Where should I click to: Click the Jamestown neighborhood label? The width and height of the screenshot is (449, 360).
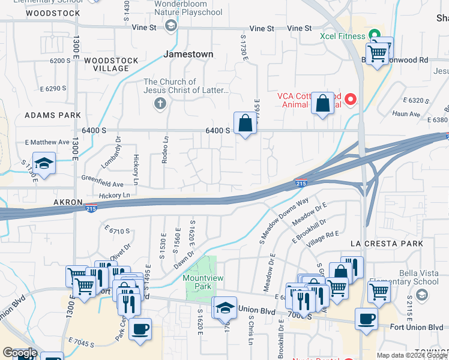click(188, 54)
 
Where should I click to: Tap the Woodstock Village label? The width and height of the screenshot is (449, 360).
click(111, 64)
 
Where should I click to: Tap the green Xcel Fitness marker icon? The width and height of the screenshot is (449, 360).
click(375, 35)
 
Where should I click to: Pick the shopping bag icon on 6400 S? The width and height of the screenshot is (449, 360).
click(244, 124)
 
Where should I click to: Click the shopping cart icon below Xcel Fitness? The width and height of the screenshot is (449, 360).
click(377, 53)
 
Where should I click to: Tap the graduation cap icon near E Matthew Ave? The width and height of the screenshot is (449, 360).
click(43, 163)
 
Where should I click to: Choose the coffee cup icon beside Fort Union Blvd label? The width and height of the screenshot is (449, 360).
click(366, 319)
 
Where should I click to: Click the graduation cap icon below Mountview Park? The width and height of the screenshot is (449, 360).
click(224, 308)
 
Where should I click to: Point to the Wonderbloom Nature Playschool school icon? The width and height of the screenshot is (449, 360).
click(171, 25)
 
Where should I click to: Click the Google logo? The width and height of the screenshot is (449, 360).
click(20, 353)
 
